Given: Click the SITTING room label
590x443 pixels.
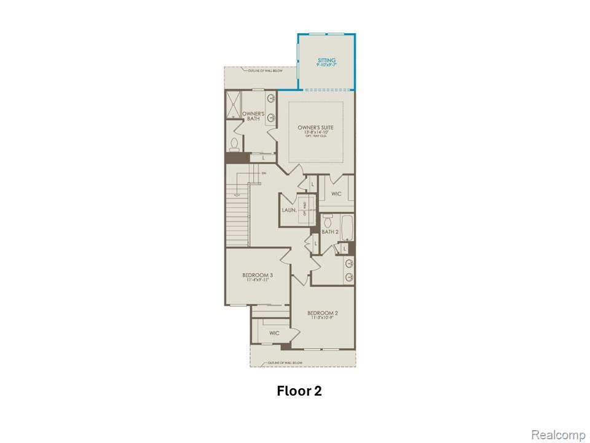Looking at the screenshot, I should (x=326, y=60).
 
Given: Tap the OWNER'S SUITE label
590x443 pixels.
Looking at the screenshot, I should (x=316, y=128).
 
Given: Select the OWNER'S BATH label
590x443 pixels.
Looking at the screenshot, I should (x=253, y=116).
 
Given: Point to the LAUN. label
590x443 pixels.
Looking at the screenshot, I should (x=289, y=210).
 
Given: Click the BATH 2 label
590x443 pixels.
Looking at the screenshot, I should (x=330, y=232).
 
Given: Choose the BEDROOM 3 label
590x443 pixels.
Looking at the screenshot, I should (x=257, y=275).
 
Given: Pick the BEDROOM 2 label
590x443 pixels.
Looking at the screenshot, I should (x=323, y=313).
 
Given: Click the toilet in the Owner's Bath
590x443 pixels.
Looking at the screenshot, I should (x=234, y=145).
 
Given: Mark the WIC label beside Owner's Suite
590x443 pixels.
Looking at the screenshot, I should (x=336, y=194).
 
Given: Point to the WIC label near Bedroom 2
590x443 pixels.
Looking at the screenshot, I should (x=274, y=333).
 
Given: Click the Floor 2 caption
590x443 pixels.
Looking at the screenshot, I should (x=299, y=391).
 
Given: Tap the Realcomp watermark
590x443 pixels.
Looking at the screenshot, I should (x=558, y=435).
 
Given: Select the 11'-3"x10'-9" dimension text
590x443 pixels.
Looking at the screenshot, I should (x=323, y=319).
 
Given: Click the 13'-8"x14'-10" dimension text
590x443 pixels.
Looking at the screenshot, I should (x=316, y=133).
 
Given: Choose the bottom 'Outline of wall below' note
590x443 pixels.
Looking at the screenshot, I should (x=285, y=363).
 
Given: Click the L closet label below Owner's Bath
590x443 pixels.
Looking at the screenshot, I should (x=263, y=158).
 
